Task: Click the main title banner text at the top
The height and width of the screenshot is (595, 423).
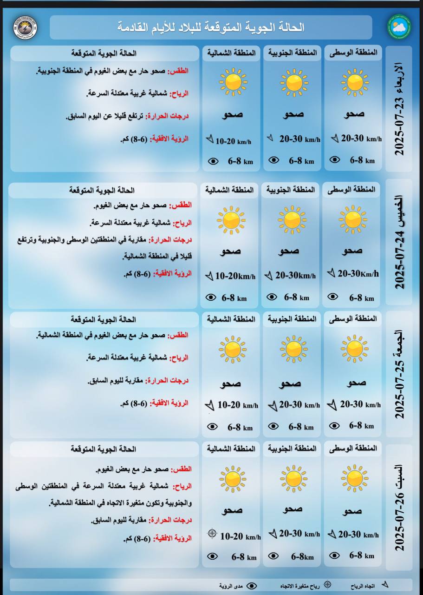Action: [211, 27]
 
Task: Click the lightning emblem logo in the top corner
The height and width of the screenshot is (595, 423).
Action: [25, 27]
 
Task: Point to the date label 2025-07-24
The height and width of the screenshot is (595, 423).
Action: [398, 243]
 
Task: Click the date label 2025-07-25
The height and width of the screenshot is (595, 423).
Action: [398, 374]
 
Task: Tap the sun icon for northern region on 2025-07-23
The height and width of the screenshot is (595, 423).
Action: [233, 82]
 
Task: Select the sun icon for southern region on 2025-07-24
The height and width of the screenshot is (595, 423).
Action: [292, 220]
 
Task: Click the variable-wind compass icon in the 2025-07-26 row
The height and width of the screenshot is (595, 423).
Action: [212, 533]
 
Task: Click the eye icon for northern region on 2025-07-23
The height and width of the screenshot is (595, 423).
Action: [213, 161]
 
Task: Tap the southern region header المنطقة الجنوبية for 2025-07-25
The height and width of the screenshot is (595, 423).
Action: [292, 319]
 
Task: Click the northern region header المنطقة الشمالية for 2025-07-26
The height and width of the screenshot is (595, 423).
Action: [231, 449]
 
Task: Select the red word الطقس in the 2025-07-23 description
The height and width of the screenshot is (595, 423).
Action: [181, 71]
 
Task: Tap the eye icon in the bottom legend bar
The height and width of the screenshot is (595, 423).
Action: [251, 586]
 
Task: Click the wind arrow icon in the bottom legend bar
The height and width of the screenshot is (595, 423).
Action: [384, 584]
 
